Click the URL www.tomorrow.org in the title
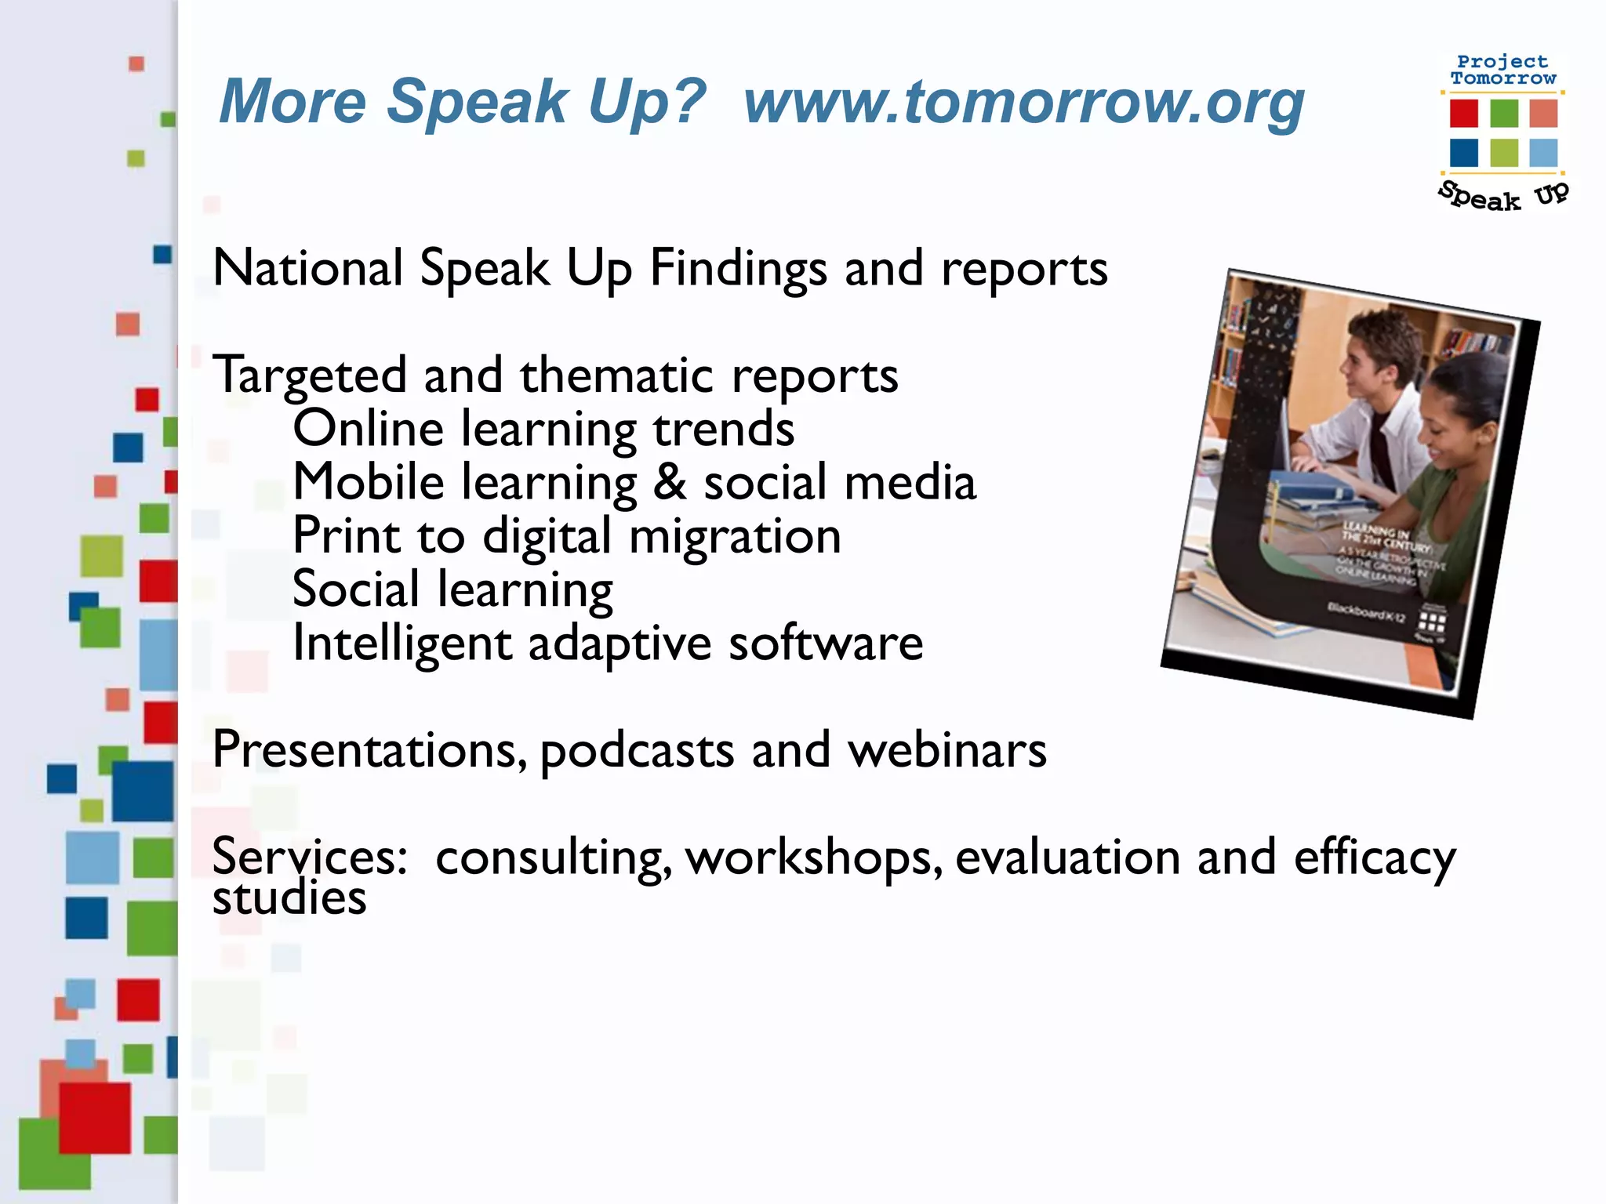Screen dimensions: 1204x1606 (x=1023, y=102)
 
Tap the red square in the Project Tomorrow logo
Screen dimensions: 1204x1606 (x=1463, y=113)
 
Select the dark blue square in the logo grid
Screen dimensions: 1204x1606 (x=1463, y=153)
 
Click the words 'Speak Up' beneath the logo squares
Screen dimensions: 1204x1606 (x=1502, y=196)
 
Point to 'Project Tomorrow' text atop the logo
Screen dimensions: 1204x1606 (x=1502, y=70)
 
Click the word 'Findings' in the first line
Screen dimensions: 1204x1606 (x=738, y=269)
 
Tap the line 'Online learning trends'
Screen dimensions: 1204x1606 (x=543, y=429)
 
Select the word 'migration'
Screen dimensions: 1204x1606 (x=735, y=536)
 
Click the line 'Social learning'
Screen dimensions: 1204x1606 (x=452, y=589)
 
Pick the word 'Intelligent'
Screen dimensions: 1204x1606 (x=401, y=644)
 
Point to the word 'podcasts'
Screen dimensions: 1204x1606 (x=637, y=751)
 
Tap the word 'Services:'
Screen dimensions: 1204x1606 (x=310, y=856)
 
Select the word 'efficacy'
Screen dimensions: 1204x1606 (x=1374, y=858)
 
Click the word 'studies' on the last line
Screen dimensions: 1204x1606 (x=289, y=898)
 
